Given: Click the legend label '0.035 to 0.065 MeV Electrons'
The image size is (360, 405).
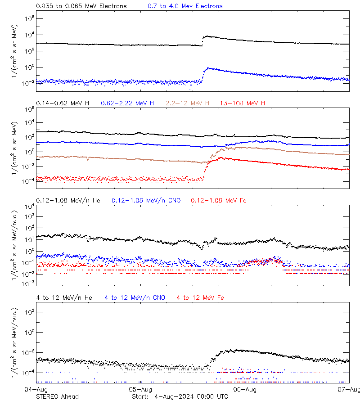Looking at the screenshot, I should point(81,6).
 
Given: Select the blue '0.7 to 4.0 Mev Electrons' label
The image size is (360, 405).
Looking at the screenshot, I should point(185,6).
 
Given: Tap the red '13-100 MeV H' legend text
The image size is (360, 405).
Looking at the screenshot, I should point(243,103).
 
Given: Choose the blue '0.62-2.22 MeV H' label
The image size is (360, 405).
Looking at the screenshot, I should point(127,103).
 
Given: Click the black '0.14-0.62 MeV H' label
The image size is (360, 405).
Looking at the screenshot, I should point(63,103).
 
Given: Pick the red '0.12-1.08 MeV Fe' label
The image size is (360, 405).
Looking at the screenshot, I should point(219,200).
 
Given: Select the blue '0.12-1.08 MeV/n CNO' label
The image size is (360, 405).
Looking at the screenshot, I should point(146,200).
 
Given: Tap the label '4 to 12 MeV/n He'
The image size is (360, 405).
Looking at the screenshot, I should point(64,297).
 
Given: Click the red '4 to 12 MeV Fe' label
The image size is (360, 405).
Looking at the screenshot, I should point(200,297).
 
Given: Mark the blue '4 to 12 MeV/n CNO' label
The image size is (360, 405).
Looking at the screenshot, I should point(135,297).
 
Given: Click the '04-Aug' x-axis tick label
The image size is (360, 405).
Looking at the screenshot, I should point(36,389).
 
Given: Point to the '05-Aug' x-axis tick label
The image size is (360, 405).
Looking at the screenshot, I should point(140,389).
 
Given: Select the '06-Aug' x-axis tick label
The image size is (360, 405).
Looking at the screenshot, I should point(245,389).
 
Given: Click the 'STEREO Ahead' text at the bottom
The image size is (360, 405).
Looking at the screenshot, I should point(57,396).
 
